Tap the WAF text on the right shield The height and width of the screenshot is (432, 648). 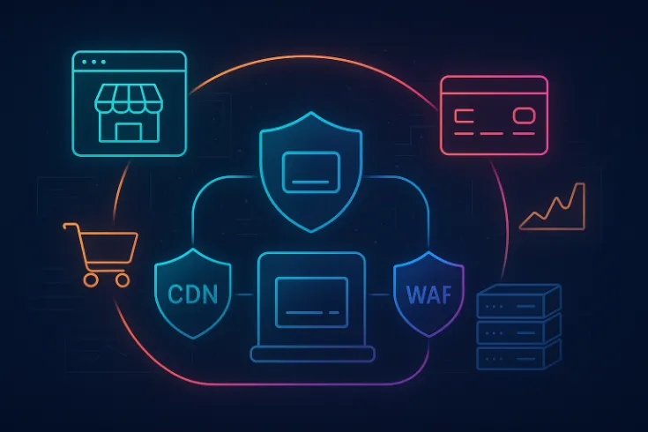(x=428, y=294)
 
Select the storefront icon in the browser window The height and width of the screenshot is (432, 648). (x=130, y=115)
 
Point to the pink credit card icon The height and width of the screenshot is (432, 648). (x=494, y=115)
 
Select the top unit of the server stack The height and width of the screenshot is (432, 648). (x=518, y=302)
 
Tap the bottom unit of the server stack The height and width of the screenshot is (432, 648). (x=518, y=356)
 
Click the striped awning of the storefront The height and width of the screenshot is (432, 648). (x=130, y=99)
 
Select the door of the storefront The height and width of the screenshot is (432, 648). (x=130, y=131)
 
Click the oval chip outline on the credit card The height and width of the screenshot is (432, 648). (x=524, y=115)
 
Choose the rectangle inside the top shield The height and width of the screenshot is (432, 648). (x=310, y=170)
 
